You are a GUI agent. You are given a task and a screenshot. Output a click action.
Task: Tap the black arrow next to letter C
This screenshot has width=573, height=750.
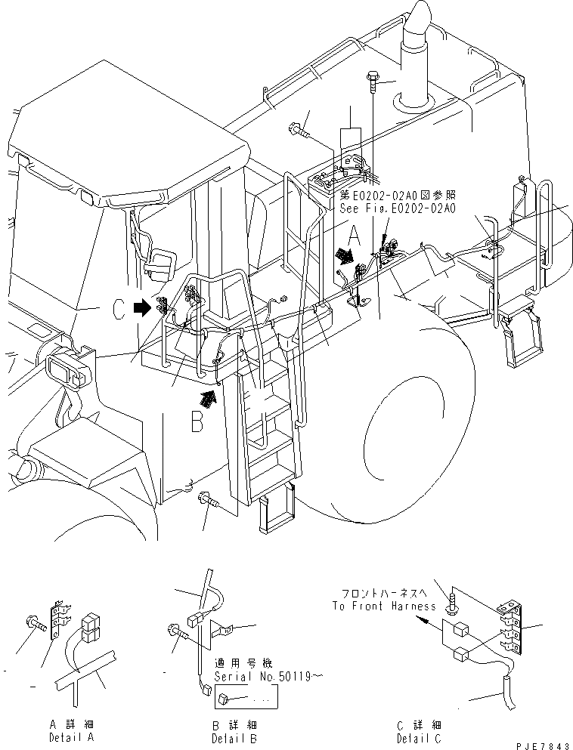(x=141, y=308)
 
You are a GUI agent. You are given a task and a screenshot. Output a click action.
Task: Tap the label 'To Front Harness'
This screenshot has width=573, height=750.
(x=383, y=606)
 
